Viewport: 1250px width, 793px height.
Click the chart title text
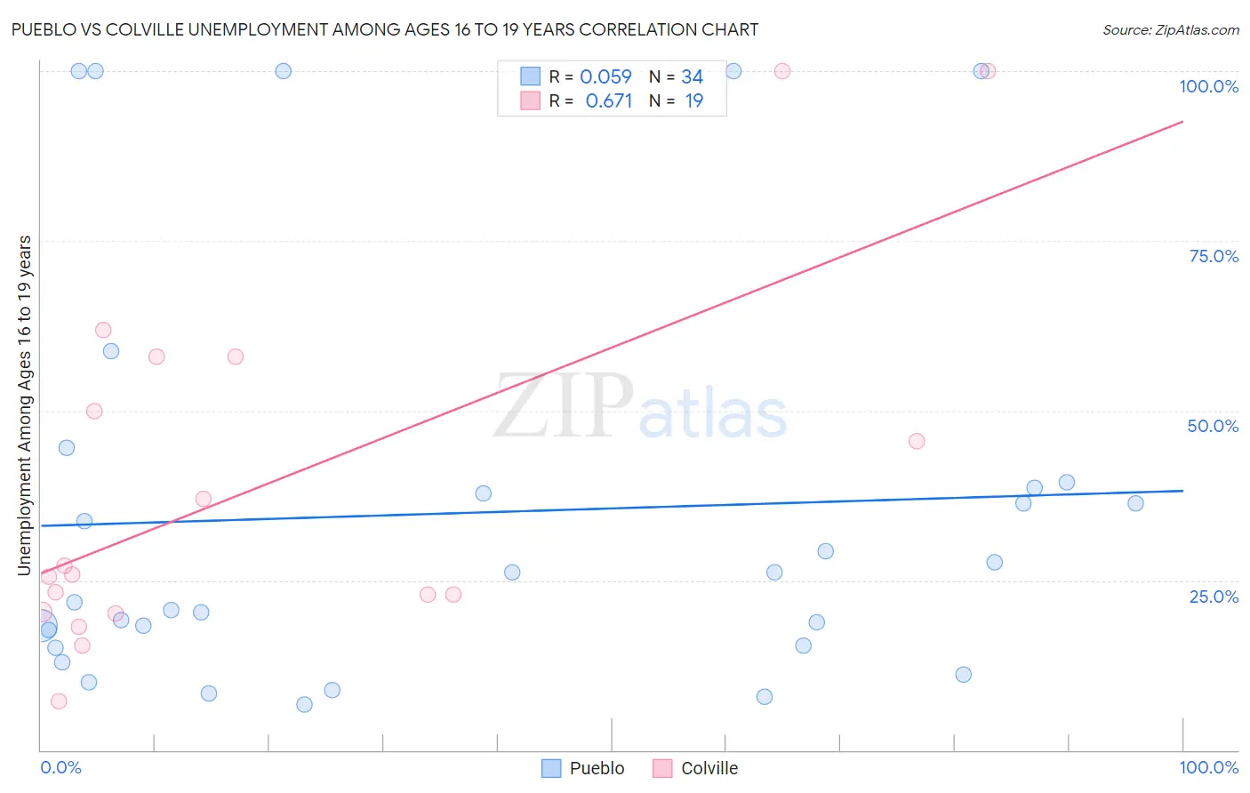click(384, 29)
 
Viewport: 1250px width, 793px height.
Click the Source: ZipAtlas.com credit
click(1170, 29)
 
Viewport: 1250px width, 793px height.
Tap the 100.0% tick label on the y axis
click(1208, 86)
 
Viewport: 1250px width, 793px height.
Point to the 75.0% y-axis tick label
click(1214, 256)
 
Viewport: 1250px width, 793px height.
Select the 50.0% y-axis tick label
click(1213, 426)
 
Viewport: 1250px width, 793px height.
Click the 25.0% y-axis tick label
click(1214, 597)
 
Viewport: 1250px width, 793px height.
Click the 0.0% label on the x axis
click(60, 767)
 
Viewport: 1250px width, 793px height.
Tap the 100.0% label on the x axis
click(1208, 767)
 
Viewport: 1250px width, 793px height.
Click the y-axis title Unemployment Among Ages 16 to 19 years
click(25, 405)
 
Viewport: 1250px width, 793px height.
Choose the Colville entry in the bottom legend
click(695, 768)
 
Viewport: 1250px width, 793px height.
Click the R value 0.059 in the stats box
click(605, 77)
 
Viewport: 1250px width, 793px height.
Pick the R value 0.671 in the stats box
click(608, 101)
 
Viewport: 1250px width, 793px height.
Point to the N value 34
click(692, 77)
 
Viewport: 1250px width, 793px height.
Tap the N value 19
click(693, 101)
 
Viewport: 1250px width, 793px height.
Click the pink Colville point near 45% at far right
click(917, 441)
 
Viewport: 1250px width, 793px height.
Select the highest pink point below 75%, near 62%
click(103, 330)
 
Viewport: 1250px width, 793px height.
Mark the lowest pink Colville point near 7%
click(59, 701)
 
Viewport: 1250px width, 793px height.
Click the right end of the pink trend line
click(1182, 121)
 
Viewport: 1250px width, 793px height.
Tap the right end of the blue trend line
click(1182, 491)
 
